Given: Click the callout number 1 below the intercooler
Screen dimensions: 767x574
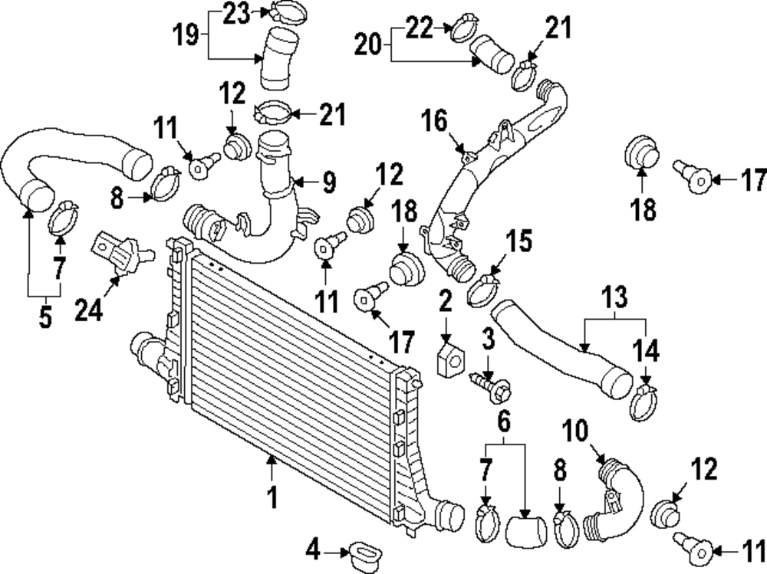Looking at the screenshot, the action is coord(272,497).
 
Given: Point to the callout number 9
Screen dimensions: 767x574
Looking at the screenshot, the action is coord(328,183).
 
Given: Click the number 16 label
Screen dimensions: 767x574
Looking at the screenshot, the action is coord(434,121).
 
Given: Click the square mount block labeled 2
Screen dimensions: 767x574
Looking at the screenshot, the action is coord(450,361).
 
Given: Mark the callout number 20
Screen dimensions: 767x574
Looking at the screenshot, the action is coord(368,44).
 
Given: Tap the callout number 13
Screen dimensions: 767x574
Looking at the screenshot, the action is coord(614,297).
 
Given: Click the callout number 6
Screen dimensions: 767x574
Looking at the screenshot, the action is coord(504,421).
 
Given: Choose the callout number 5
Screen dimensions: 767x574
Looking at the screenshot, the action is coord(45,317).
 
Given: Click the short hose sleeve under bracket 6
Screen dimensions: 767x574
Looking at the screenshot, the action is coord(526,531).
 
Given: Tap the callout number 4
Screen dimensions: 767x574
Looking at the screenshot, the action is coord(313,549).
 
